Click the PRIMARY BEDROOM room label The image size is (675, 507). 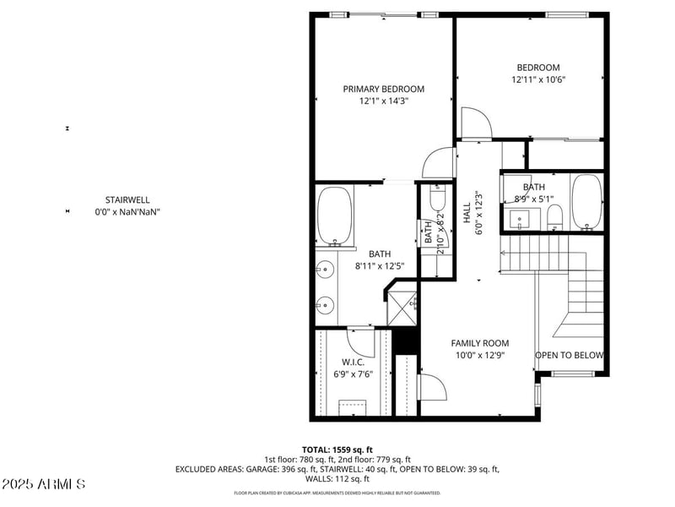click(x=383, y=89)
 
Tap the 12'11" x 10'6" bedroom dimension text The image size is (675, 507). click(x=537, y=80)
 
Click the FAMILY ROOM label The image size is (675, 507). click(x=479, y=343)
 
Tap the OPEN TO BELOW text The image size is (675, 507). click(x=569, y=355)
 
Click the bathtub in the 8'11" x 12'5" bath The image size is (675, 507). click(x=335, y=215)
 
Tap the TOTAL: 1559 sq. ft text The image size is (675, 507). click(x=337, y=450)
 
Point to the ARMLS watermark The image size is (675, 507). click(x=44, y=485)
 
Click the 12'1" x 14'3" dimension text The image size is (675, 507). click(x=383, y=101)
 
